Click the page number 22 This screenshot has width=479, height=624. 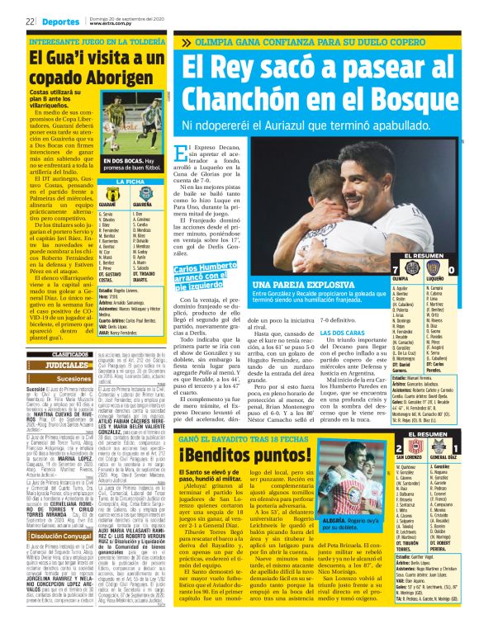30,20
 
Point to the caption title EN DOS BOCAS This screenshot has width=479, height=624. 124,161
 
